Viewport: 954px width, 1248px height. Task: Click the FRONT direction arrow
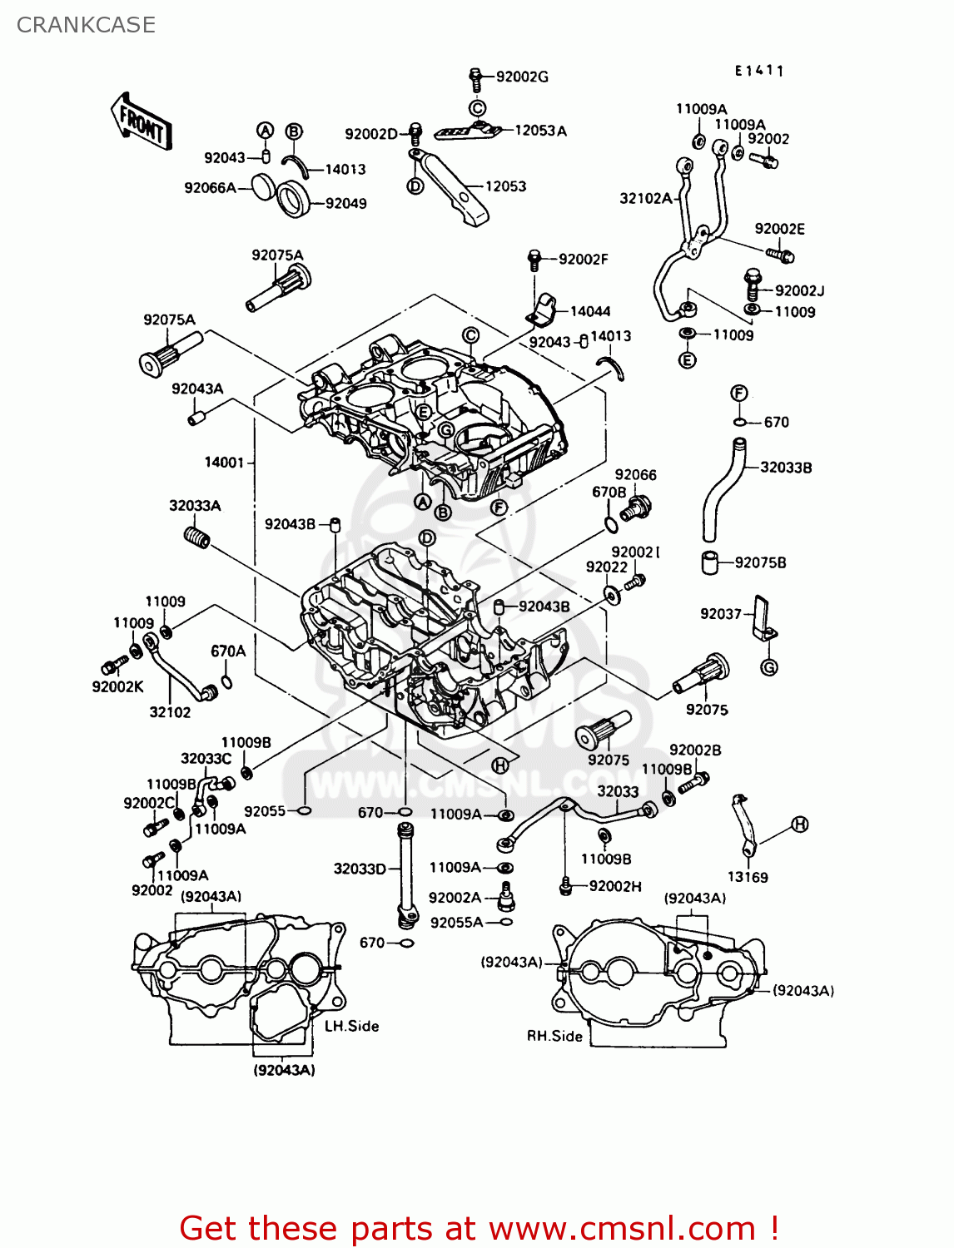click(x=141, y=121)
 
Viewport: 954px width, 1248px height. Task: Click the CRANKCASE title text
click(x=86, y=25)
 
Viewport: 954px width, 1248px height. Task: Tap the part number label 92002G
click(x=522, y=77)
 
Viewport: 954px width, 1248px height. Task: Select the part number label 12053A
click(x=540, y=131)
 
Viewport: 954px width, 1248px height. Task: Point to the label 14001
click(x=224, y=462)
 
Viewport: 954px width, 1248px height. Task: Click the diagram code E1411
click(x=758, y=72)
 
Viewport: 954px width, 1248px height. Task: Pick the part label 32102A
click(x=645, y=198)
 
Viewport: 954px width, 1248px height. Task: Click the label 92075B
click(x=760, y=562)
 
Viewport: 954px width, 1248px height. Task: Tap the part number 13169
click(x=747, y=877)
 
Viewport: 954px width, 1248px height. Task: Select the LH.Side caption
click(x=351, y=1026)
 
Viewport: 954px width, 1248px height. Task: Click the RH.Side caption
click(x=554, y=1036)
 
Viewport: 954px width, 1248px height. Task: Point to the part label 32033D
click(x=360, y=869)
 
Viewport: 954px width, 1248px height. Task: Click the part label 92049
click(x=345, y=203)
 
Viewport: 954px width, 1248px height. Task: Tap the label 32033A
click(x=195, y=506)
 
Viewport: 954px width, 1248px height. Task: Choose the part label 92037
click(x=720, y=614)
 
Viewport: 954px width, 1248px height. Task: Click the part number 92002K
click(x=117, y=686)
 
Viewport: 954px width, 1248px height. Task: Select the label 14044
click(x=589, y=311)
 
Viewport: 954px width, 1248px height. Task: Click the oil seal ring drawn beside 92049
click(x=293, y=200)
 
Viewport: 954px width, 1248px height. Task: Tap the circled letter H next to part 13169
click(x=799, y=825)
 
